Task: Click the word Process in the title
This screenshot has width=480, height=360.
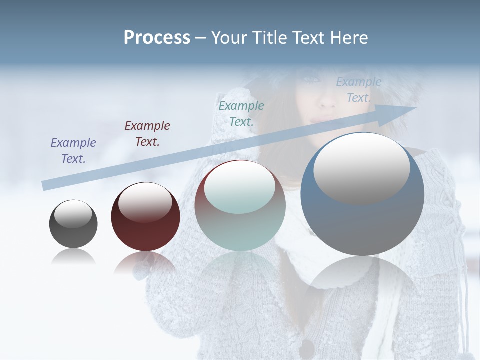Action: tap(157, 38)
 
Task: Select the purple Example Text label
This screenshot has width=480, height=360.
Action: tap(73, 150)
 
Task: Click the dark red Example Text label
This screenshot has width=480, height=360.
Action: tap(147, 133)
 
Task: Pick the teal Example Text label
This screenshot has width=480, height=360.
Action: tap(241, 113)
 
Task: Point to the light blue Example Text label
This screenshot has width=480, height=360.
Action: tap(359, 90)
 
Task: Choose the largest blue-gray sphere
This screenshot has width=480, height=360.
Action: tap(362, 225)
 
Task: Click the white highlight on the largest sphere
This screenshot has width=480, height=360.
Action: tap(361, 167)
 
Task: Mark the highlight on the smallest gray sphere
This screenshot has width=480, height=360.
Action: tap(73, 214)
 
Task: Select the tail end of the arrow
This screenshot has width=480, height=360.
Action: tap(46, 185)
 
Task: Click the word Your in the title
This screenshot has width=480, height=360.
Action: tap(228, 38)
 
